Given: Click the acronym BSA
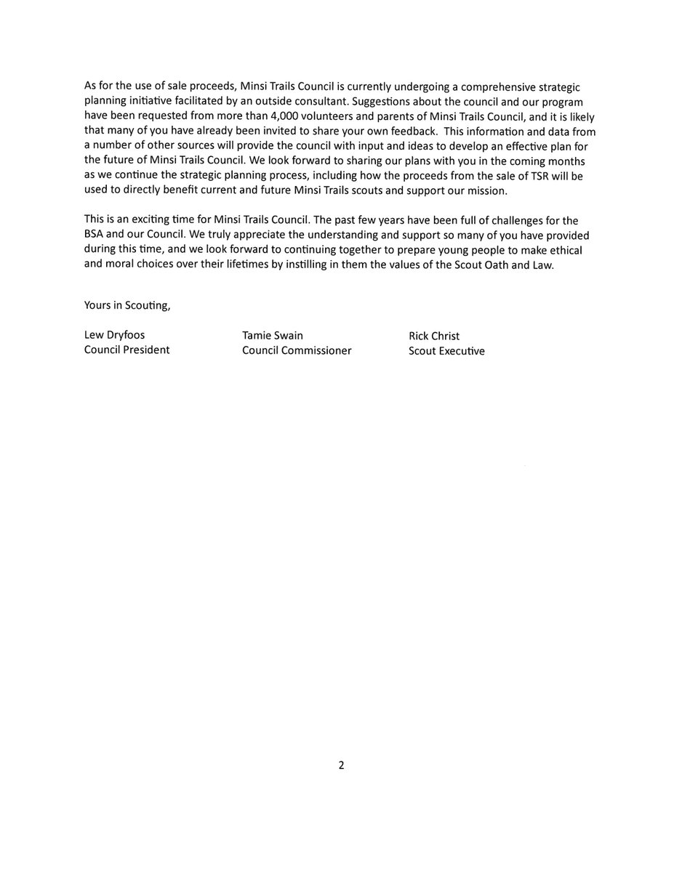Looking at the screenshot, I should pyautogui.click(x=95, y=235).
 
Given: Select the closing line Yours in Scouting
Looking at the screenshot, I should pyautogui.click(x=127, y=305).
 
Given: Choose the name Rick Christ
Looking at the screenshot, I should pyautogui.click(x=434, y=336).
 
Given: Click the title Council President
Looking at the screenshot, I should pyautogui.click(x=127, y=350).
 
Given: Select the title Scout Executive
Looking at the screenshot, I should pyautogui.click(x=446, y=351).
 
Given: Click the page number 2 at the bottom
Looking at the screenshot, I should pyautogui.click(x=340, y=765).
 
